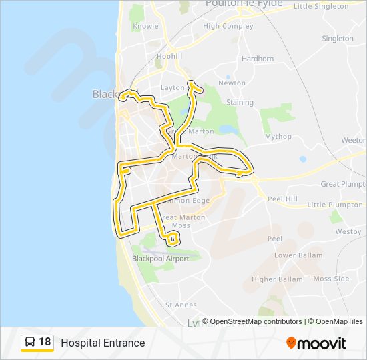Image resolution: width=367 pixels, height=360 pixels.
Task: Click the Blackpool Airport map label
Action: point(160,259)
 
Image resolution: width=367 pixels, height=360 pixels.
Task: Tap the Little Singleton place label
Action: point(321,6)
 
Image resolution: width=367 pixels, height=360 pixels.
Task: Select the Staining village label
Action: point(240,103)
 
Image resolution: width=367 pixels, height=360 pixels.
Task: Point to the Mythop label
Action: point(278,137)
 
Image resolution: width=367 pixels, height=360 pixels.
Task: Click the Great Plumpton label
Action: point(343,184)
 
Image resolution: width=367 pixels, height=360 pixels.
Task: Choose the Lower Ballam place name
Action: point(298,255)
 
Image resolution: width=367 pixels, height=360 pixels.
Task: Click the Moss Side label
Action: point(331,279)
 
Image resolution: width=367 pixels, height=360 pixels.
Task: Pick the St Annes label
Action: point(181,305)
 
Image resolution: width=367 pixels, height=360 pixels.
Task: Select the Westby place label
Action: point(348,232)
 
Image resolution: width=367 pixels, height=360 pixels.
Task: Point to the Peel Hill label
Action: point(282,199)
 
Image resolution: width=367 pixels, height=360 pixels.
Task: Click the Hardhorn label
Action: point(258,59)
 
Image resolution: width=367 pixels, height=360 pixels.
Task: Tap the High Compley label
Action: point(228,27)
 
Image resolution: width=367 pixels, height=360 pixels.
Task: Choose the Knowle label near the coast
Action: point(145,27)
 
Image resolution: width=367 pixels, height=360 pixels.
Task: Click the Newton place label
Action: point(232,83)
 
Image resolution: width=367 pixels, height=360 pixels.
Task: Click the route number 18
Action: point(45,343)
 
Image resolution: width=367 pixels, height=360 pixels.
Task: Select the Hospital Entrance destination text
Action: point(103,343)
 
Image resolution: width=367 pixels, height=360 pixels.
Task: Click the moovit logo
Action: point(316,343)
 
